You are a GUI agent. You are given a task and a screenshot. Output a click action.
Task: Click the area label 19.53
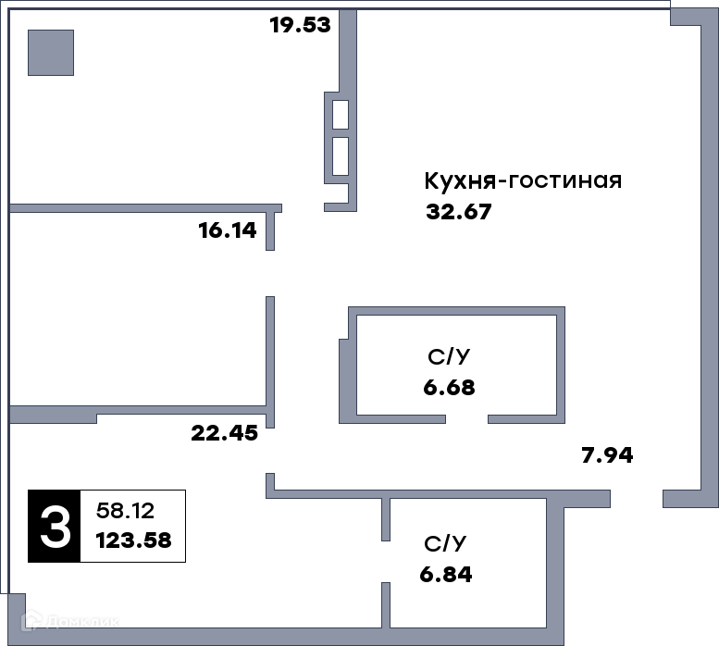(301, 25)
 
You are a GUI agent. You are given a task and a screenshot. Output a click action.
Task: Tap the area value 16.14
(228, 230)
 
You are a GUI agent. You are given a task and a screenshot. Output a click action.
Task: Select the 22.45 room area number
(225, 433)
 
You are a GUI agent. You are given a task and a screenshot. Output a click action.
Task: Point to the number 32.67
(459, 212)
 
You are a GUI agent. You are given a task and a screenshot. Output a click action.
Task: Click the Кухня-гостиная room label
(523, 180)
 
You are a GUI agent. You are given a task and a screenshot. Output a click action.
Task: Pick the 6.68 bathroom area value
(449, 388)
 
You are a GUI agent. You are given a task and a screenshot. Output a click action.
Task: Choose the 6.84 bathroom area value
(446, 575)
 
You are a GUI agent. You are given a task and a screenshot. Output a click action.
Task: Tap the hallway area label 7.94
(607, 455)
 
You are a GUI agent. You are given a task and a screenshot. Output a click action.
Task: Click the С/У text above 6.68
(449, 356)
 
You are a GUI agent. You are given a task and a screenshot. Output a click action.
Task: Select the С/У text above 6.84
(445, 544)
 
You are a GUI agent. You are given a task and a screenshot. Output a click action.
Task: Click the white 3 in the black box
(55, 527)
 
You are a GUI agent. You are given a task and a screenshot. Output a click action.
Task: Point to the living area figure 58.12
(125, 511)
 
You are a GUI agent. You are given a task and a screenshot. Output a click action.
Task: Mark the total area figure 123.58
(134, 540)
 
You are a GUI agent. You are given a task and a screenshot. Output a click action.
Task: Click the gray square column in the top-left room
(51, 53)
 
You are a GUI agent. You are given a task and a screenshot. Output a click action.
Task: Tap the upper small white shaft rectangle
(341, 115)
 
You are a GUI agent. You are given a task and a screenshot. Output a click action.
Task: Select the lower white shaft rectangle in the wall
(341, 156)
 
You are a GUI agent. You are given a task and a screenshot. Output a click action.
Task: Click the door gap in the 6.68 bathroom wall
(466, 419)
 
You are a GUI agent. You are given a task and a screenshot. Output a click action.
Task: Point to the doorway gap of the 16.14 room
(270, 273)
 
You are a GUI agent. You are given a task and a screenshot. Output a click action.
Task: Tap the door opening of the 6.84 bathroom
(386, 562)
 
